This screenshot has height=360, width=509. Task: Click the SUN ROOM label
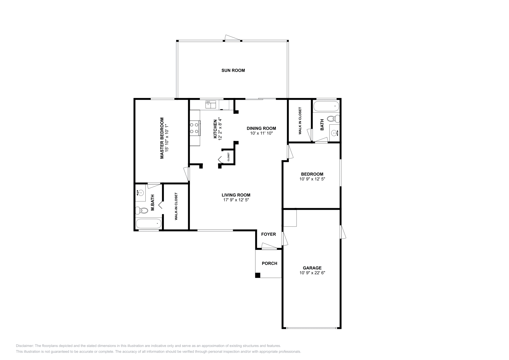pyautogui.click(x=233, y=70)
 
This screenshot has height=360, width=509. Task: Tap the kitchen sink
pyautogui.click(x=211, y=104)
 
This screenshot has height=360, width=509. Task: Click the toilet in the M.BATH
pyautogui.click(x=142, y=210)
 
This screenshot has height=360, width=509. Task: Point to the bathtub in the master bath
pyautogui.click(x=149, y=223)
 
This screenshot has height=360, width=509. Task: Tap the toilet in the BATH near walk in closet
pyautogui.click(x=333, y=119)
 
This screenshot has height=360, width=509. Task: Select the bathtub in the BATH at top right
pyautogui.click(x=326, y=106)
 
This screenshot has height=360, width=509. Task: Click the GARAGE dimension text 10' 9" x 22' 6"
pyautogui.click(x=312, y=273)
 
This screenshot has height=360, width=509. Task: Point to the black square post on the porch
pyautogui.click(x=258, y=275)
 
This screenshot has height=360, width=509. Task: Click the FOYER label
pyautogui.click(x=268, y=234)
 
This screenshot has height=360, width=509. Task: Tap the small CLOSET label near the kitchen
pyautogui.click(x=228, y=157)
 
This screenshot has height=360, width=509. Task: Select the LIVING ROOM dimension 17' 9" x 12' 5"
pyautogui.click(x=236, y=200)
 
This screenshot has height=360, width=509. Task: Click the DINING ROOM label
pyautogui.click(x=261, y=128)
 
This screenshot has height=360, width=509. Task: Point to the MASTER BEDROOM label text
pyautogui.click(x=162, y=138)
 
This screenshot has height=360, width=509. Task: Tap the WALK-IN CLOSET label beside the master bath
pyautogui.click(x=176, y=207)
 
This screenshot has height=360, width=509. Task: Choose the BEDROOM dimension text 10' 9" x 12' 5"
pyautogui.click(x=312, y=179)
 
